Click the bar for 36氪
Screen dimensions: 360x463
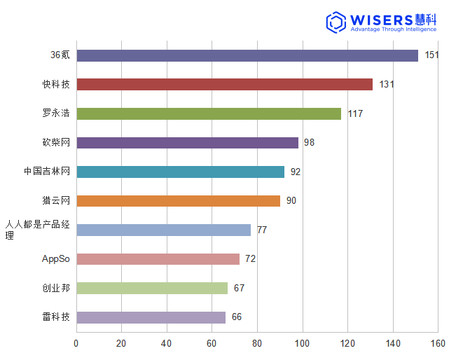coord(247,55)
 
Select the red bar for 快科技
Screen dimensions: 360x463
coord(224,84)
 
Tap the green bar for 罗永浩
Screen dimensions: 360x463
coord(209,113)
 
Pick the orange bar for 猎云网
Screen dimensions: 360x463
coord(178,201)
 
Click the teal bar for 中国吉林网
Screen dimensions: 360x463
coord(180,172)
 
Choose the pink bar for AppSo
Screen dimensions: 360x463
coord(158,259)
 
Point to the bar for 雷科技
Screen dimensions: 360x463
coord(151,317)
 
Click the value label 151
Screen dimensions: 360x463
coord(431,55)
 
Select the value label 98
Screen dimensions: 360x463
coord(309,143)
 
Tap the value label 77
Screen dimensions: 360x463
coord(261,230)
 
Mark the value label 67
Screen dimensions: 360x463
coord(239,289)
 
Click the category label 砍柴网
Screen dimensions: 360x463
coord(56,143)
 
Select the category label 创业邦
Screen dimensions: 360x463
coord(56,289)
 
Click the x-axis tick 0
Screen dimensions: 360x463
coord(76,343)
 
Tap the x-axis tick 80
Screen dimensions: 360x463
coord(257,343)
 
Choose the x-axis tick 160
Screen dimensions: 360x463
coord(438,343)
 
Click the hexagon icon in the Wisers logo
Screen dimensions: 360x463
coord(336,22)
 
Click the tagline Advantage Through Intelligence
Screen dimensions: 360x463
coord(393,29)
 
